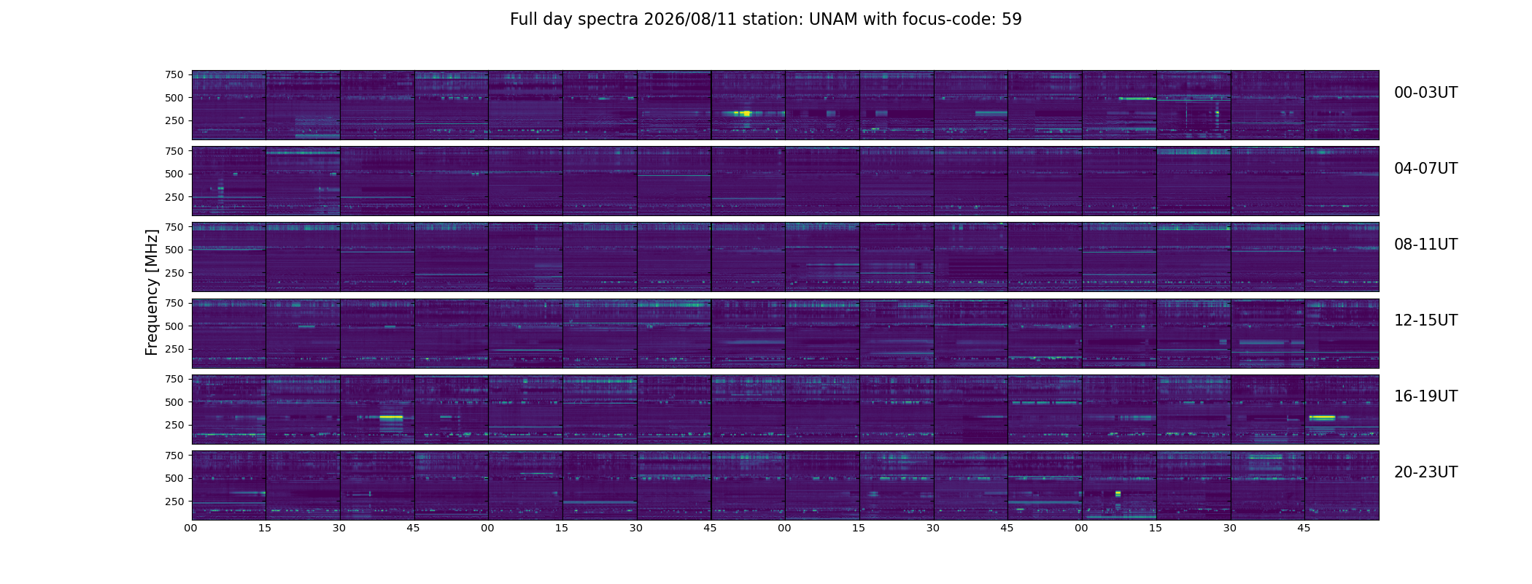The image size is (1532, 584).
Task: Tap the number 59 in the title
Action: point(1012,20)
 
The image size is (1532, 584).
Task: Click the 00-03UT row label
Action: point(1425,93)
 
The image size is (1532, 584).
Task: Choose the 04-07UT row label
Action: point(1425,169)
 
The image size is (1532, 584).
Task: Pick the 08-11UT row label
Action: point(1425,245)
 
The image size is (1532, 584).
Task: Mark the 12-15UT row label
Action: point(1425,320)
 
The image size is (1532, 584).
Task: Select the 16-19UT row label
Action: point(1425,396)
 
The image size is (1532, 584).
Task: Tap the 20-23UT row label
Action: point(1425,472)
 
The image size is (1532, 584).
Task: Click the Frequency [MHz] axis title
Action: point(152,292)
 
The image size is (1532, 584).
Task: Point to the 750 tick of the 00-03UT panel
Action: point(174,74)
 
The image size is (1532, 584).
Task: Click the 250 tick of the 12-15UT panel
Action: point(174,349)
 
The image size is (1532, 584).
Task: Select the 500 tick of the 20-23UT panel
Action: point(174,478)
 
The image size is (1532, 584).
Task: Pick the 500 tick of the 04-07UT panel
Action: point(174,174)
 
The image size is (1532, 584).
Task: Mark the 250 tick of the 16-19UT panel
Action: point(174,425)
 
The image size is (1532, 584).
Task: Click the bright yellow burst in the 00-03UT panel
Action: point(746,113)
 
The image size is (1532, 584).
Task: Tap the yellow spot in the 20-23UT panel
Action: point(1118,494)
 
